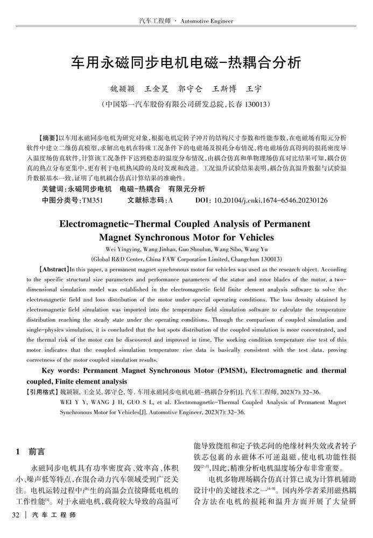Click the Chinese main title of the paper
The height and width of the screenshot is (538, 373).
point(186,62)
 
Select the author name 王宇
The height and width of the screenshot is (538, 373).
point(254,88)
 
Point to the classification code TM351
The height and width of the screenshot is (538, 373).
point(92,200)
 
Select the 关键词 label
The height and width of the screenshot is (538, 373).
point(52,189)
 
